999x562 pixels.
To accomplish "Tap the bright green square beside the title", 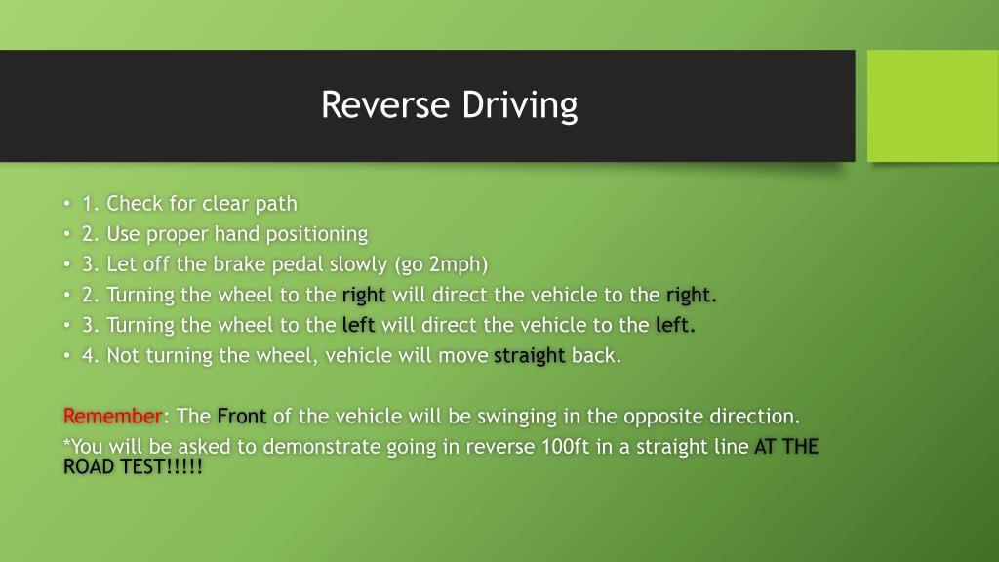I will tap(933, 105).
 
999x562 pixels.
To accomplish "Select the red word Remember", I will tap(112, 417).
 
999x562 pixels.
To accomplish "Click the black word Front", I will tap(242, 417).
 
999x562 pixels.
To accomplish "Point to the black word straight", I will tap(530, 356).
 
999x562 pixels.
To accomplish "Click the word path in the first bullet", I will tap(276, 204).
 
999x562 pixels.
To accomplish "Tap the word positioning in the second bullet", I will tap(320, 234).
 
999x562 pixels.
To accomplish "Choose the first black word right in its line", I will tap(364, 296).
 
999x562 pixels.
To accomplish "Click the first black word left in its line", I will tap(359, 326).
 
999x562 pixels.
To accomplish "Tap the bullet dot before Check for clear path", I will tap(66, 205).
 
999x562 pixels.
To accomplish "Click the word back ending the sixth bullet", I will tap(595, 356).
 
